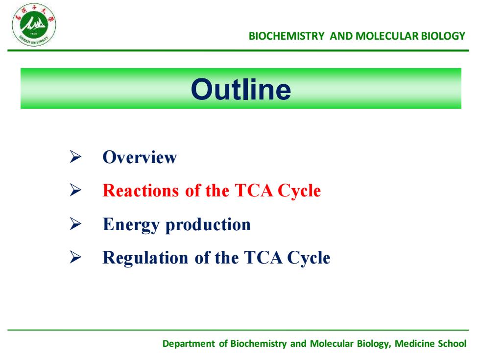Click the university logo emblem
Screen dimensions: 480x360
(34, 25)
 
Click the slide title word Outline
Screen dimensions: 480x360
(241, 89)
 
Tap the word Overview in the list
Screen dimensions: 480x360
(140, 157)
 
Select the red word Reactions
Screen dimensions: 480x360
(141, 191)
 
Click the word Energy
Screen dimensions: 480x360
(131, 225)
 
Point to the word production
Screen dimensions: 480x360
(208, 225)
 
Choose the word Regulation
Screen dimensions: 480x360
(145, 258)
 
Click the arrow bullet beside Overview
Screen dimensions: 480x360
(75, 157)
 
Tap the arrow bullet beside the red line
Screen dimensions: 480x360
(75, 190)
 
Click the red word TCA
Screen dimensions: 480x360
(254, 191)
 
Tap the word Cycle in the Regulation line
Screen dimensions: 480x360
(309, 258)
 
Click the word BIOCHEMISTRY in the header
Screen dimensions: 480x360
(287, 36)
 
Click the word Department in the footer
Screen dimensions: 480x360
(189, 344)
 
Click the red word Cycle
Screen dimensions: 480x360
(299, 191)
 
